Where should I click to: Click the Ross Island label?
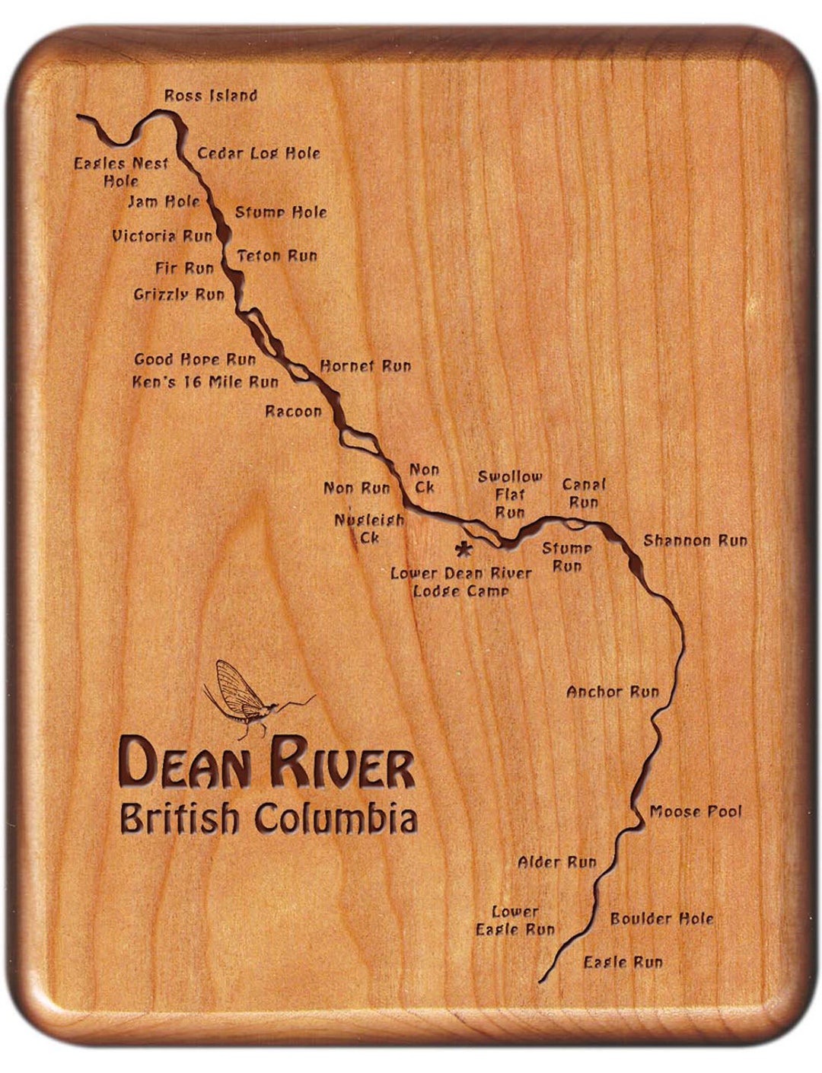coord(211,96)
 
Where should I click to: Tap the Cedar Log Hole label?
coord(259,153)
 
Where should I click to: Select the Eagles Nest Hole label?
coord(121,172)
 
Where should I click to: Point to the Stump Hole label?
coord(281,212)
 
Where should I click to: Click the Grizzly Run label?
coord(179,294)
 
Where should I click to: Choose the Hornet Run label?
coord(365,366)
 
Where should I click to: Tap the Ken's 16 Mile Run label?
coord(205,382)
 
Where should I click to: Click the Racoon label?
coord(293,412)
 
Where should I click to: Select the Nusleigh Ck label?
coord(369,529)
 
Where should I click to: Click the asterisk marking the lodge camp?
coord(462,549)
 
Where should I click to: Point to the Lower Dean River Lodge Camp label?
coord(461,582)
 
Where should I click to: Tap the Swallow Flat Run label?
coord(510,495)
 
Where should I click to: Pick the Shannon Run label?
coord(695,540)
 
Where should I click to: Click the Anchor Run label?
coord(613,692)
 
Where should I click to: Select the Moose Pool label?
coord(695,812)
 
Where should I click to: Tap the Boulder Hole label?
coord(661,919)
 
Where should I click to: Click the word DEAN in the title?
coord(190,763)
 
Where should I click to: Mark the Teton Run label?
coord(277,256)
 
